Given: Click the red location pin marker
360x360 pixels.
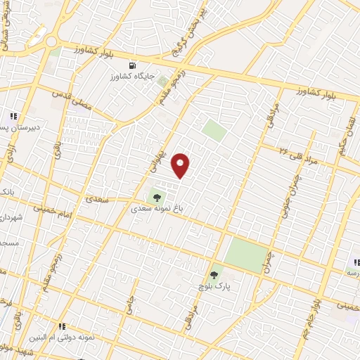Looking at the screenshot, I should pos(181,166).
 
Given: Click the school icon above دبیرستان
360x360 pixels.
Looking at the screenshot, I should pos(12,116).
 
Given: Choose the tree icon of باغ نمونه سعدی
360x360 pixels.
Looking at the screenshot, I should pos(156,197).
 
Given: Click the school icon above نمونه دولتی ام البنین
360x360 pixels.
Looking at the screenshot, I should pos(62,326).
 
